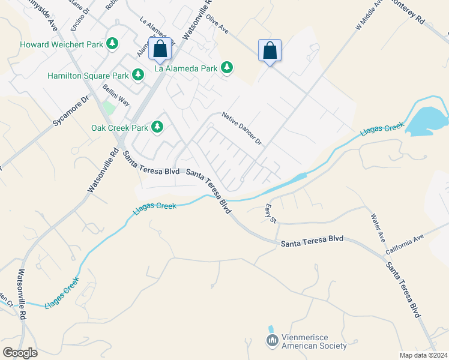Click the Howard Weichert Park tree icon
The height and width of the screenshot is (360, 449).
point(112,44)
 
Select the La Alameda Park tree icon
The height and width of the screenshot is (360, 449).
point(227,68)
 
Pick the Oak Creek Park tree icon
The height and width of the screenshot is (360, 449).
point(157,127)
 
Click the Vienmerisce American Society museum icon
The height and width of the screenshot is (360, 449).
point(272,341)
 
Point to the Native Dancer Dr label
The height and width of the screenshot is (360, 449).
point(243,129)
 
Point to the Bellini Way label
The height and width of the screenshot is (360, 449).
point(116,95)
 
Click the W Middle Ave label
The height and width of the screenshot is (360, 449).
point(369,14)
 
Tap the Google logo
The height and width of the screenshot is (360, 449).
point(20,353)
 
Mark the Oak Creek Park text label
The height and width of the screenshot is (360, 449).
point(119,128)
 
